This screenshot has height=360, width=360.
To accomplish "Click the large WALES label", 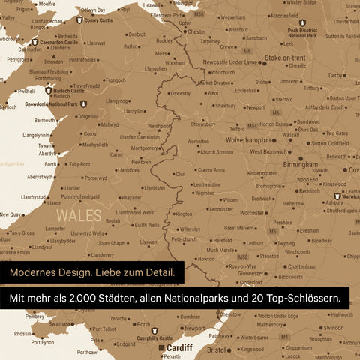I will [x=79, y=216].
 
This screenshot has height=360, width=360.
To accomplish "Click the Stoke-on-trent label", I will [x=285, y=58].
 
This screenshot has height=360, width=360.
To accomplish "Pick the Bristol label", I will [x=216, y=349].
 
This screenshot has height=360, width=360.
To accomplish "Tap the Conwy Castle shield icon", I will [x=79, y=20].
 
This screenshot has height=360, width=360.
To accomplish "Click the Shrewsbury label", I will [x=203, y=124].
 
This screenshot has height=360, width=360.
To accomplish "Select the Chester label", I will [x=196, y=32].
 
